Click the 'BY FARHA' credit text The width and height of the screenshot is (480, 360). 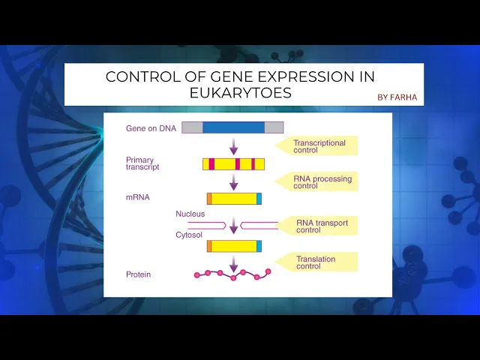pos(397,97)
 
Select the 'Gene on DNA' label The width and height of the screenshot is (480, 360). pos(151,128)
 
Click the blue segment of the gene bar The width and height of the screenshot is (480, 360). pos(233,127)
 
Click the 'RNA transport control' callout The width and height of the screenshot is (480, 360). pos(318,226)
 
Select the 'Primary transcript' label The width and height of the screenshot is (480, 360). pos(142,163)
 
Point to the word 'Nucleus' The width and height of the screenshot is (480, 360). pos(190,214)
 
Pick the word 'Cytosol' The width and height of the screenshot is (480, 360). pos(189,235)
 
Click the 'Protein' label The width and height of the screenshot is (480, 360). pos(138,274)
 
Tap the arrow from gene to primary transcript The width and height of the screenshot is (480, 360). pos(233,146)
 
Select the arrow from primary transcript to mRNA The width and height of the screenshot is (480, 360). pos(233,181)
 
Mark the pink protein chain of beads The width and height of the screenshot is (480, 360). pos(232,274)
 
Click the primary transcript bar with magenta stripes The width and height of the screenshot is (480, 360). pos(233,164)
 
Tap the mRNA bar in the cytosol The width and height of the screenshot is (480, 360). pos(234,246)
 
